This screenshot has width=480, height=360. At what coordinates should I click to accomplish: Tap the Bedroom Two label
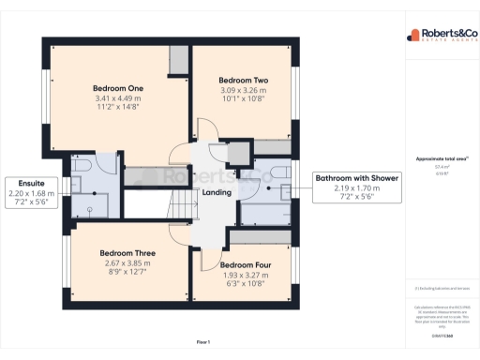click(244, 81)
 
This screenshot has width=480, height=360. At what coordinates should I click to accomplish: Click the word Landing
click(216, 193)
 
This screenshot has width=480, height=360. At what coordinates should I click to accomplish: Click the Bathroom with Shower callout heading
click(357, 178)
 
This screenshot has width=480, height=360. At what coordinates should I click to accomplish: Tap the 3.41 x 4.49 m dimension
click(117, 97)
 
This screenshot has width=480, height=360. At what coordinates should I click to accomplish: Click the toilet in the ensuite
click(82, 167)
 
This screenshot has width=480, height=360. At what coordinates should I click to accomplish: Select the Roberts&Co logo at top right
click(441, 36)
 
